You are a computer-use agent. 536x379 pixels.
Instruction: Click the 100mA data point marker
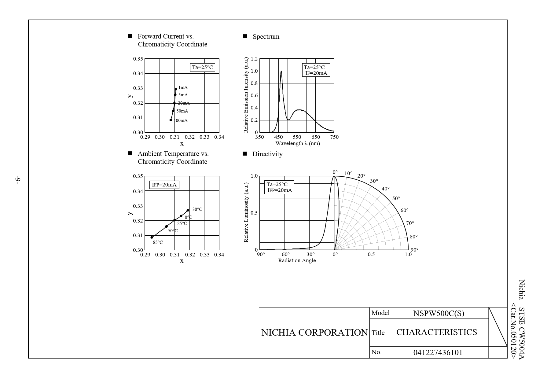pyautogui.click(x=171, y=120)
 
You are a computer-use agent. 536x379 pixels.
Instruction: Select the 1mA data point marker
pyautogui.click(x=176, y=89)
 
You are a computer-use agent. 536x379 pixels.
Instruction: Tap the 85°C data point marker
pyautogui.click(x=152, y=237)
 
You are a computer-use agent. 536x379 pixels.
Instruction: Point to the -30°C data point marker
pyautogui.click(x=188, y=210)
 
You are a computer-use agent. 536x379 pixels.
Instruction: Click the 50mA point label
pyautogui.click(x=182, y=111)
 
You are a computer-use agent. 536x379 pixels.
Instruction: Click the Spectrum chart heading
pyautogui.click(x=266, y=37)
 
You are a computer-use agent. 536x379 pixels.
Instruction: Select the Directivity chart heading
pyautogui.click(x=267, y=154)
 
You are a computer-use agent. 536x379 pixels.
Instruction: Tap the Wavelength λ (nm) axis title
pyautogui.click(x=297, y=143)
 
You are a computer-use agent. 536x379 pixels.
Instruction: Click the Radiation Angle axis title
pyautogui.click(x=297, y=260)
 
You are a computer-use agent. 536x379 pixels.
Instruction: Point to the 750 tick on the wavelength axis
pyautogui.click(x=334, y=137)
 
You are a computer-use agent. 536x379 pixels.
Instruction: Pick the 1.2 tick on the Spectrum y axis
pyautogui.click(x=254, y=59)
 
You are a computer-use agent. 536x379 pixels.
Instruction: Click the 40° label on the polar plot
pyautogui.click(x=385, y=189)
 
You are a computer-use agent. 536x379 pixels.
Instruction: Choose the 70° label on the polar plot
pyautogui.click(x=410, y=223)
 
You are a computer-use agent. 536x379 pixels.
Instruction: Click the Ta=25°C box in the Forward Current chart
pyautogui.click(x=202, y=68)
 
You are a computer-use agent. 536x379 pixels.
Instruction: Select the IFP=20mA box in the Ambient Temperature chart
pyautogui.click(x=164, y=185)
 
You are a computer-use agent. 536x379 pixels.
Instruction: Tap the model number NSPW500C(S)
pyautogui.click(x=439, y=313)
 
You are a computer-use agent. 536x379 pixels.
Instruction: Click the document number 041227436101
pyautogui.click(x=438, y=352)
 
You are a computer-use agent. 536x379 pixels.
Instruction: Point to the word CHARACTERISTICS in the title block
pyautogui.click(x=436, y=332)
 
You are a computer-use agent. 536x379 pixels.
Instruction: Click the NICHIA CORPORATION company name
pyautogui.click(x=314, y=333)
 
